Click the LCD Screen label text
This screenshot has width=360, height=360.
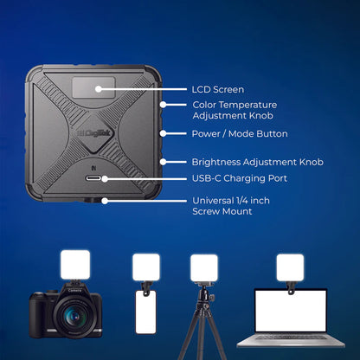tap(218, 89)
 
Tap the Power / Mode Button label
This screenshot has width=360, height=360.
tap(240, 134)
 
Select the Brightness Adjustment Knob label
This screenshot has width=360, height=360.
tap(258, 162)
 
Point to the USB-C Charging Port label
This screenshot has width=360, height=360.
tap(240, 178)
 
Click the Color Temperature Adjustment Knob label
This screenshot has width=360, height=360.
tap(235, 110)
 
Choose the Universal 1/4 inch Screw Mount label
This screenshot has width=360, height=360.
tap(231, 206)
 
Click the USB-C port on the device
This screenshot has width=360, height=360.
tap(93, 178)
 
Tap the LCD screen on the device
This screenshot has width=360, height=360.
tap(93, 87)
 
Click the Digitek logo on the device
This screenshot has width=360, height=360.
tap(92, 133)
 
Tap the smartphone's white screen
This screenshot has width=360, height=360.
tap(145, 312)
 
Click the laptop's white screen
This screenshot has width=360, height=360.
tap(291, 311)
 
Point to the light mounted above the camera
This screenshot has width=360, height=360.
tap(75, 265)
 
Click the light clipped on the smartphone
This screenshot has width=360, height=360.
tap(146, 267)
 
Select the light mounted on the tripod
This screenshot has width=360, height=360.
tap(204, 267)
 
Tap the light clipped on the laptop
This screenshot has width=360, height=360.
tap(290, 267)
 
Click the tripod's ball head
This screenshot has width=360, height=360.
tap(205, 296)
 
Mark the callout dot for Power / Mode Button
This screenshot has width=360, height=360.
tap(163, 133)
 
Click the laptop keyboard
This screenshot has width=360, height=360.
tap(291, 337)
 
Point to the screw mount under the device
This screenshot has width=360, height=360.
tap(92, 200)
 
